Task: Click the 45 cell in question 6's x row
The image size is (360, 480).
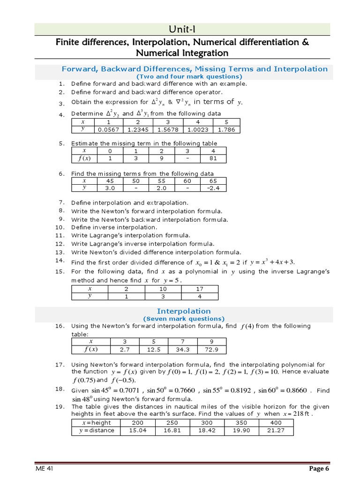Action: click(110, 180)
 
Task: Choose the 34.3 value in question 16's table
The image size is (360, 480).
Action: click(177, 350)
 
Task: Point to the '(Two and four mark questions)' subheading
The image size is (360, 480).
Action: click(189, 76)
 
